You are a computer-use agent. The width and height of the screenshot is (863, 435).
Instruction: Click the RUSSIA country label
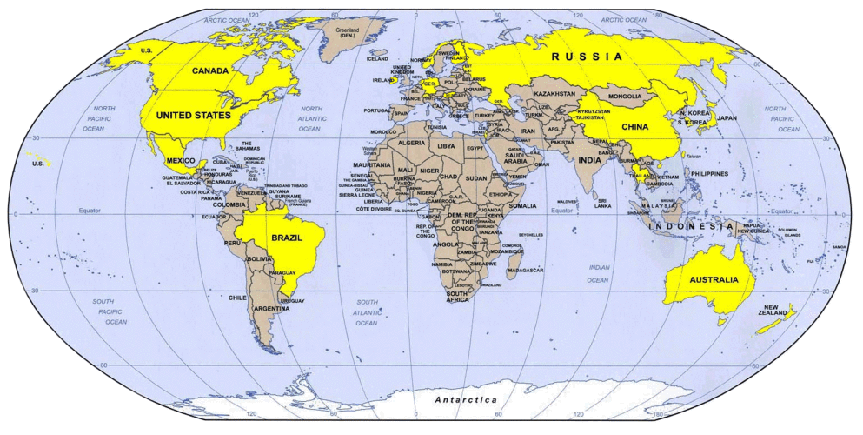(588, 57)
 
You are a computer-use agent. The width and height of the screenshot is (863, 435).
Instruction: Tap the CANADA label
(210, 70)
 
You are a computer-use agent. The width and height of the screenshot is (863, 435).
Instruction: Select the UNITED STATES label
(193, 115)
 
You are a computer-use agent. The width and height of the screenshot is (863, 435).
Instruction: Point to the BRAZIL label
(286, 238)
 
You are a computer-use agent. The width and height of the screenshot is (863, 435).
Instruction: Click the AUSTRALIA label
(714, 279)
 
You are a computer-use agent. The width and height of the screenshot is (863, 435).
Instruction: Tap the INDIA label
(588, 160)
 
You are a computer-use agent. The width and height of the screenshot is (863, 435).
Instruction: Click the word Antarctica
(466, 399)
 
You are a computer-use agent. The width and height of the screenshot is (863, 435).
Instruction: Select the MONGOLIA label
(625, 96)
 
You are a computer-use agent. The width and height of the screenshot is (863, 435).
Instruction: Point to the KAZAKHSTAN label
(554, 93)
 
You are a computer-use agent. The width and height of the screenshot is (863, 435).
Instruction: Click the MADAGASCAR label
(525, 271)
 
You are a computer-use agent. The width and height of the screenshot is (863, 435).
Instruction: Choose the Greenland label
(348, 32)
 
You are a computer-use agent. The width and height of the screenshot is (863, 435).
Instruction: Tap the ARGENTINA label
(271, 309)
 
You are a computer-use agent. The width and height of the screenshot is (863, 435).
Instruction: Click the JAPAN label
(726, 117)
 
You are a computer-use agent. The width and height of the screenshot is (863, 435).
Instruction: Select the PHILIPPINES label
(710, 174)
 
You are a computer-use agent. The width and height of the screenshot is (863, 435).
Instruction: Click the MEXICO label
(180, 161)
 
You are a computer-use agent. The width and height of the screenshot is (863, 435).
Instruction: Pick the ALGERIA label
(411, 142)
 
